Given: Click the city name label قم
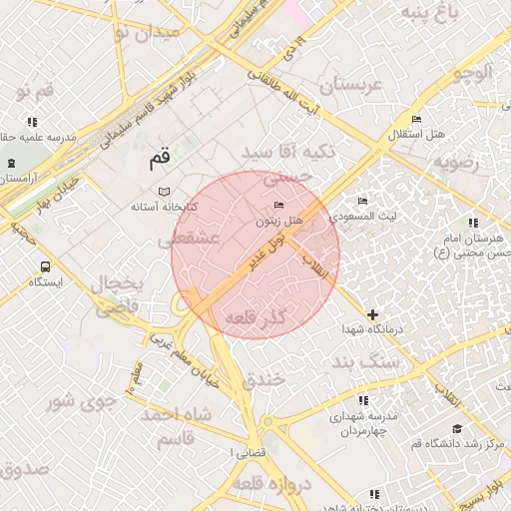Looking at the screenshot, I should click(x=160, y=157).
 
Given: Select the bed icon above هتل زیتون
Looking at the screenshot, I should click(x=278, y=205).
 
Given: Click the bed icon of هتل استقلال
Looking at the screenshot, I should click(x=416, y=120).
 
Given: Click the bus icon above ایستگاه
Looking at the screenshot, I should click(x=45, y=266).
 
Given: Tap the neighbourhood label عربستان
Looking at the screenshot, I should click(x=344, y=85).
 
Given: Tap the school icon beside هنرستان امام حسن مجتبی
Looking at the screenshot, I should click(x=471, y=223).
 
